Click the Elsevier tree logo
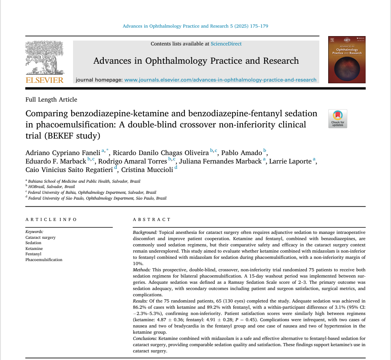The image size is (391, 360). pyautogui.click(x=44, y=57)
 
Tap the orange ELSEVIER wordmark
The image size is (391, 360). pyautogui.click(x=45, y=80)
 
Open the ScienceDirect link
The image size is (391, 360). pyautogui.click(x=226, y=44)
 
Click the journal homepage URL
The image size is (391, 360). pyautogui.click(x=220, y=80)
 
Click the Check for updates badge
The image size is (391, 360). pyautogui.click(x=338, y=119)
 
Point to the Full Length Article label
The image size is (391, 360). pyautogui.click(x=51, y=99)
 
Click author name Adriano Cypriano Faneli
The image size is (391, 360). pyautogui.click(x=62, y=152)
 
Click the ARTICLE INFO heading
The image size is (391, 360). pyautogui.click(x=51, y=220)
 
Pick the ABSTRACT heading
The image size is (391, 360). pyautogui.click(x=152, y=220)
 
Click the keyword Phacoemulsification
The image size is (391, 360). pyautogui.click(x=44, y=259)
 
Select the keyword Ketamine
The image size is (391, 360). pyautogui.click(x=34, y=249)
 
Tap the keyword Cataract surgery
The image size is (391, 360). pyautogui.click(x=41, y=237)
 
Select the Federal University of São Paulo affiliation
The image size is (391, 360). pyautogui.click(x=97, y=198)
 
